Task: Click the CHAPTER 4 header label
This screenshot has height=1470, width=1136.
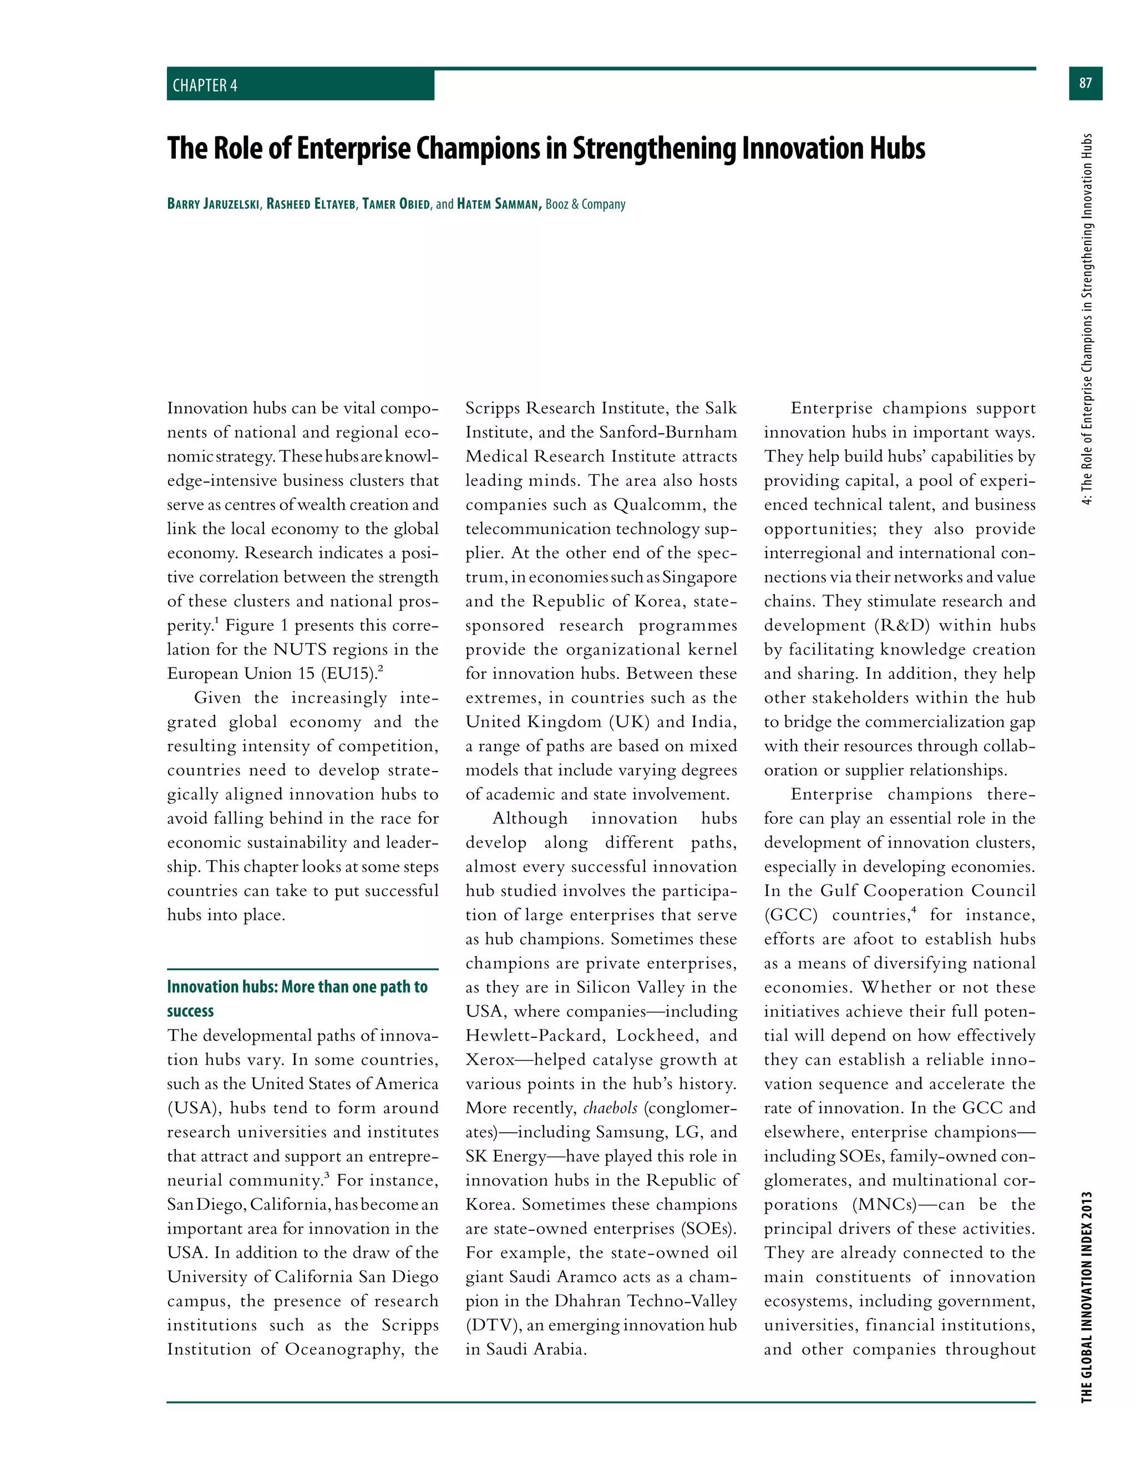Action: click(x=205, y=85)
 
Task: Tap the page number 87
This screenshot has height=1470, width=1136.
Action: click(x=1085, y=83)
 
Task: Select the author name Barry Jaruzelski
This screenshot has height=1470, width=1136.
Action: click(x=214, y=204)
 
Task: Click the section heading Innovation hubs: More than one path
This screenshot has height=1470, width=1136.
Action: click(x=297, y=987)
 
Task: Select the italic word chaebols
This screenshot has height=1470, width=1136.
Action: click(x=610, y=1108)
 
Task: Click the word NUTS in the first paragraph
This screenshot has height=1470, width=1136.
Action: click(x=300, y=649)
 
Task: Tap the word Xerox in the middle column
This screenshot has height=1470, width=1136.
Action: click(x=490, y=1060)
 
